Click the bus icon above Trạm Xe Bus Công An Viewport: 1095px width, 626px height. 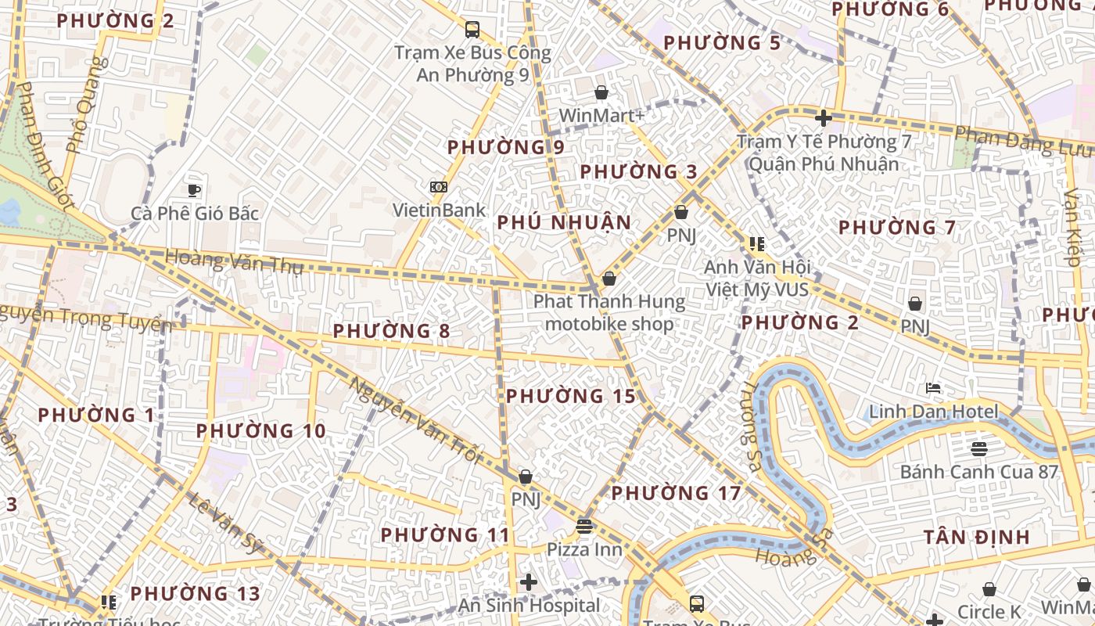coord(472,30)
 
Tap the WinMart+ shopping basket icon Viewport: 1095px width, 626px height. coord(601,93)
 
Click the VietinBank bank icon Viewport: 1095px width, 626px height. coord(439,187)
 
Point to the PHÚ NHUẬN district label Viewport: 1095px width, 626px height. coord(564,223)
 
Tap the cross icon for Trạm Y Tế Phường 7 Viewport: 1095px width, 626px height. coord(823,119)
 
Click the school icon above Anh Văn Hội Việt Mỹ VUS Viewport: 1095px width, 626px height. coord(756,244)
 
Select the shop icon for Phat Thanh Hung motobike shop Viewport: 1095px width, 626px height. coord(609,279)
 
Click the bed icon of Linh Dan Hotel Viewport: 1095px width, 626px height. coord(933,388)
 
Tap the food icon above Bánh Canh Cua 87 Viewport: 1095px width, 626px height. coord(978,448)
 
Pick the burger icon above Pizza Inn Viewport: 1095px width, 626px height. coord(584,525)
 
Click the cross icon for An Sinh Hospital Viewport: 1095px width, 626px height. coord(529,581)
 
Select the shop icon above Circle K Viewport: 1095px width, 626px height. coord(989,588)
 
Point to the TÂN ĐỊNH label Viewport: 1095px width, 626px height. coord(976,538)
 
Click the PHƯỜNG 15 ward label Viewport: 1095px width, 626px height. coord(571,396)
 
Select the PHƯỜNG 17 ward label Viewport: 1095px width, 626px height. coord(676,494)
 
